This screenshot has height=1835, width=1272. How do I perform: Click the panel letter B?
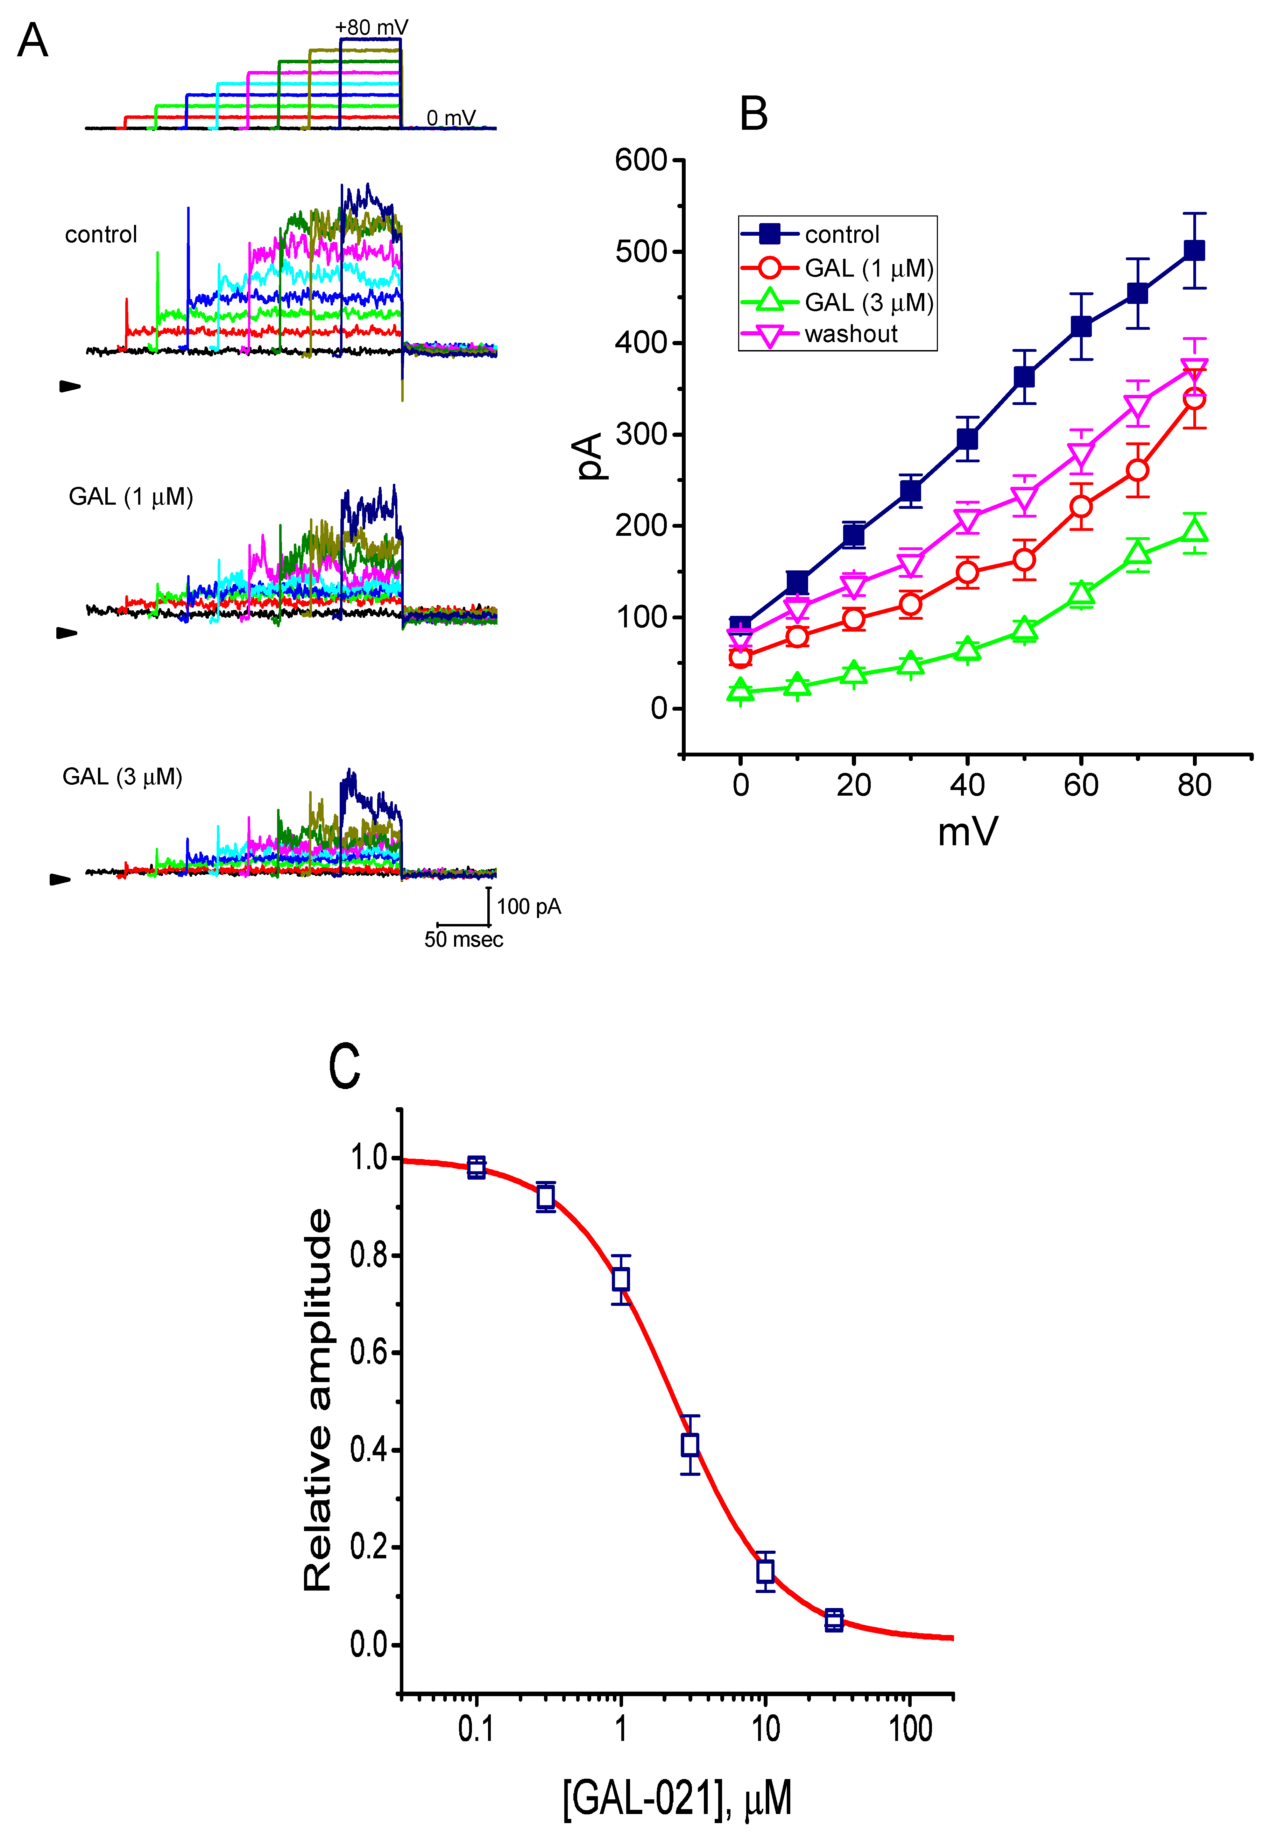(753, 114)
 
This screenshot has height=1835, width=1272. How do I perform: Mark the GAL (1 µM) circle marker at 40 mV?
(967, 572)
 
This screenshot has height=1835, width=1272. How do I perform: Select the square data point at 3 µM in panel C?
(690, 1444)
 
